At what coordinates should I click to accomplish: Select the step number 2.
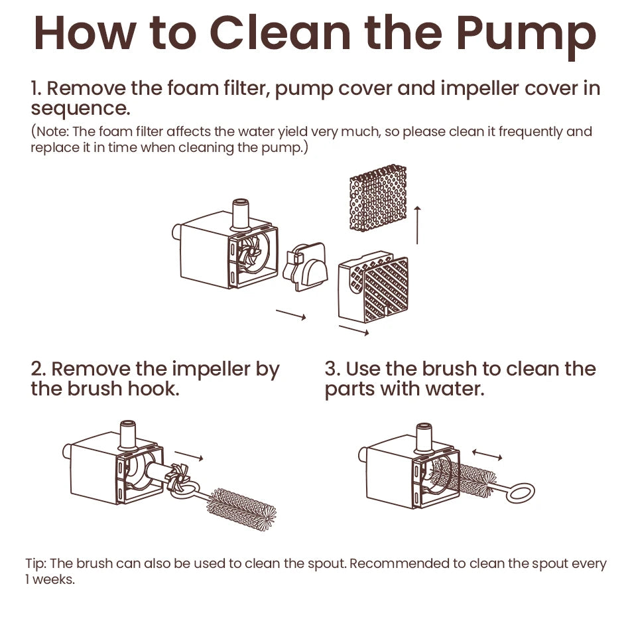tap(38, 369)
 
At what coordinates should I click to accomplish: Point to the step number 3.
tap(332, 369)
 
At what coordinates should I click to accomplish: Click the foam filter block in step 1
tap(378, 197)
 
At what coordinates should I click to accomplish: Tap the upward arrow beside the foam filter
tap(417, 225)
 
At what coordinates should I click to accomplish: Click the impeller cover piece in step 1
tap(305, 266)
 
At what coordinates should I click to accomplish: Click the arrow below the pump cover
tap(354, 330)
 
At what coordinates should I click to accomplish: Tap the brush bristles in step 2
tap(241, 509)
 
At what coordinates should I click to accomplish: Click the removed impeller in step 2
tap(179, 477)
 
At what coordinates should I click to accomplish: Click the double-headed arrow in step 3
tap(487, 454)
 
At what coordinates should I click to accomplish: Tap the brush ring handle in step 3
tap(521, 493)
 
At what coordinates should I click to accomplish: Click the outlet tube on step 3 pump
tap(424, 437)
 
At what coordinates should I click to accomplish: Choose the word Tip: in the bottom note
tap(36, 563)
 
